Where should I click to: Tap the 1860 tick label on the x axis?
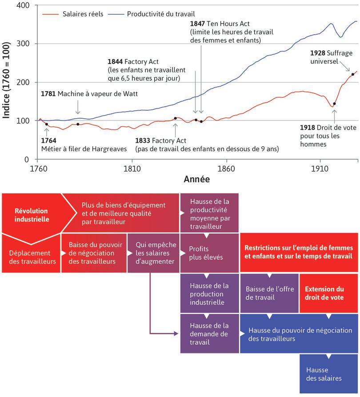[x=226, y=169]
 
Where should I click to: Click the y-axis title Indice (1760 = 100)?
[x=7, y=82]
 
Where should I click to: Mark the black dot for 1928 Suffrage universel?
[x=352, y=74]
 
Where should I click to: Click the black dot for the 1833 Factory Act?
[x=175, y=118]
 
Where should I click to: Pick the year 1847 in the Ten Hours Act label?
[x=197, y=24]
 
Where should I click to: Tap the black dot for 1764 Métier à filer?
[x=46, y=124]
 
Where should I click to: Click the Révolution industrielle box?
[x=31, y=215]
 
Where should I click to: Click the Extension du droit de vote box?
[x=328, y=293]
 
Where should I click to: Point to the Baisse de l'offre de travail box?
[x=269, y=293]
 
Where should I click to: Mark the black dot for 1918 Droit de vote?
[x=334, y=104]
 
